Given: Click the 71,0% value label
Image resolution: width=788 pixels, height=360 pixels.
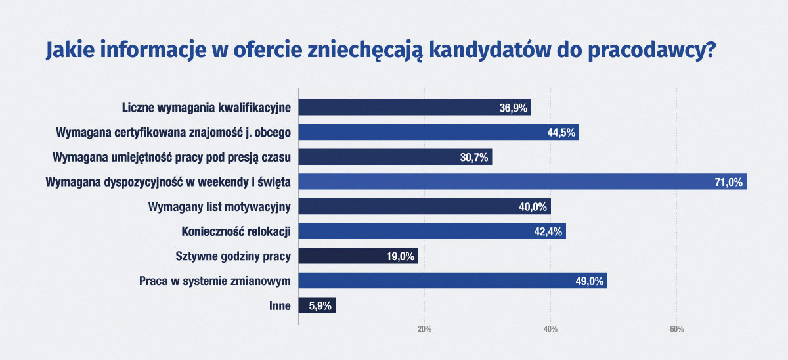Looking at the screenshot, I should click(x=728, y=182).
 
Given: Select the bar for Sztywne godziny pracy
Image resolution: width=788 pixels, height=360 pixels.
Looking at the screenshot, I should click(x=358, y=256).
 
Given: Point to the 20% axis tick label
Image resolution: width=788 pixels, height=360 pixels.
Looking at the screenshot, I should click(x=424, y=329).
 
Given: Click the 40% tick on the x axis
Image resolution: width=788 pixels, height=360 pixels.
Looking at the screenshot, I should click(x=550, y=329).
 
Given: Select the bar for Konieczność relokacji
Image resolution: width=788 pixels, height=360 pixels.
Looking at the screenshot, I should click(x=432, y=231).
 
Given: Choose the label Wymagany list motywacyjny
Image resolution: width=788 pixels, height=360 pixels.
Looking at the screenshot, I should click(x=220, y=207).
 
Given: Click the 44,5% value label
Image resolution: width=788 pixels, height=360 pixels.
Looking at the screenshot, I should click(x=561, y=133).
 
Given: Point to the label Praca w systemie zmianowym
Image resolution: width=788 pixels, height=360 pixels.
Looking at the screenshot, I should click(x=215, y=281).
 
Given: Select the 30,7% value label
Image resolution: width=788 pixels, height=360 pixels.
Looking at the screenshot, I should click(x=474, y=158).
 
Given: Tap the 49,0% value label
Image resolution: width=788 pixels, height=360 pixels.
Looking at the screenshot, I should click(x=589, y=281).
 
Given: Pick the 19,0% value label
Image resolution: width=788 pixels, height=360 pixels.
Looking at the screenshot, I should click(x=400, y=256).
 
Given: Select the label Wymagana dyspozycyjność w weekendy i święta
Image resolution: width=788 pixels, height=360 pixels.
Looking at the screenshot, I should click(x=168, y=182).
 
